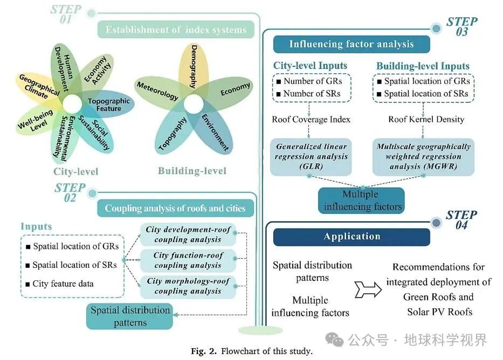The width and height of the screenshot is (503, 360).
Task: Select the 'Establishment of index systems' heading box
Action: [x=176, y=30]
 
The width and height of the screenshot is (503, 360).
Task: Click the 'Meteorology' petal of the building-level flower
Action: [x=157, y=91]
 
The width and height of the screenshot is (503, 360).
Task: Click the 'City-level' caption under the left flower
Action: [x=75, y=172]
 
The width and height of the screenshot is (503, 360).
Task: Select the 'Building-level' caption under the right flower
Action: [x=192, y=171]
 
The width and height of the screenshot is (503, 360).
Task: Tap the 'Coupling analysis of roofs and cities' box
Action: [x=175, y=209]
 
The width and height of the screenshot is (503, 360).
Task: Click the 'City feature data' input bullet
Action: [x=63, y=283]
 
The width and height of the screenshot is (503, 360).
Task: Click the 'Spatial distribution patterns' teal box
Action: [x=130, y=316]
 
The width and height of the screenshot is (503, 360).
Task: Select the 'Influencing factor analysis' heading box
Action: [x=352, y=44]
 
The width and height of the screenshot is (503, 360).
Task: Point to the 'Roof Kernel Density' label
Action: [x=426, y=119]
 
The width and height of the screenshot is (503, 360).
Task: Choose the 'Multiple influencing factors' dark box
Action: [x=360, y=200]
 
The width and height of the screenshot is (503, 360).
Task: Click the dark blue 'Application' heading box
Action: [x=352, y=237]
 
